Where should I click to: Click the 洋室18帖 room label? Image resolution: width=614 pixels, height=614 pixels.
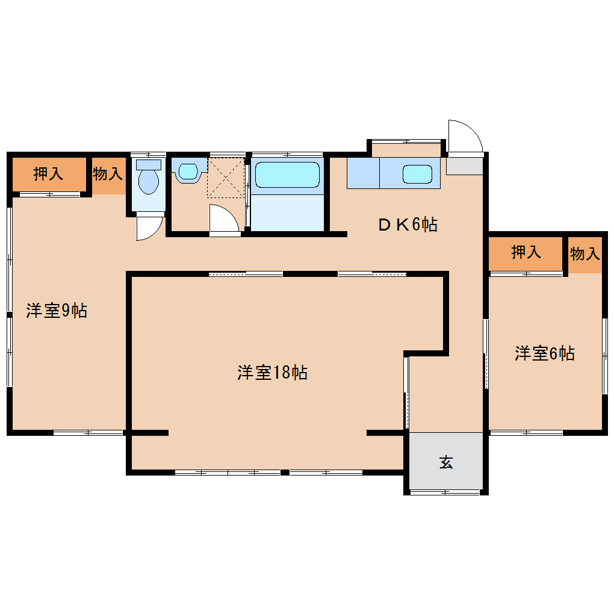272,373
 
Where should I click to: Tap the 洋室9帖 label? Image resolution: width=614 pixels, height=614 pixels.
57,311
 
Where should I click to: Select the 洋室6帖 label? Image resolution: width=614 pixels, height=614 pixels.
545,353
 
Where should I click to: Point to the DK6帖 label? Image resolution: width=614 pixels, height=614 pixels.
408,225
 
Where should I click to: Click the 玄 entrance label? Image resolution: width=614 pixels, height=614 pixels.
446,462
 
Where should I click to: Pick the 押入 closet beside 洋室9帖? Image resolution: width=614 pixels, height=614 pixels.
48,173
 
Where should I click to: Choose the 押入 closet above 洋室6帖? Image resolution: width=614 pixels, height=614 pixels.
526,252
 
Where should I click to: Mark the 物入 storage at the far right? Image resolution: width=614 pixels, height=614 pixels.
585,254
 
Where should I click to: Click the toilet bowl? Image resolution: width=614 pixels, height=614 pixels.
149,181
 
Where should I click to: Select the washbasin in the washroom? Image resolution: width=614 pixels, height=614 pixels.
188,172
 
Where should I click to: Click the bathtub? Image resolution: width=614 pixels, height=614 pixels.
287,175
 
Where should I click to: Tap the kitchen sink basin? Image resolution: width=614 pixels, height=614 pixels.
417,174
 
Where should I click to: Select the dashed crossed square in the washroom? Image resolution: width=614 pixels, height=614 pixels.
226,178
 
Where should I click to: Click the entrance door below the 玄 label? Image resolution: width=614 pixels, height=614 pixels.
445,492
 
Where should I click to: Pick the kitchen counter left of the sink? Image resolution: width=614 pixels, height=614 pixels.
363,173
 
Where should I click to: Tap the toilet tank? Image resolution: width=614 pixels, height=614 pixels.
149,164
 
